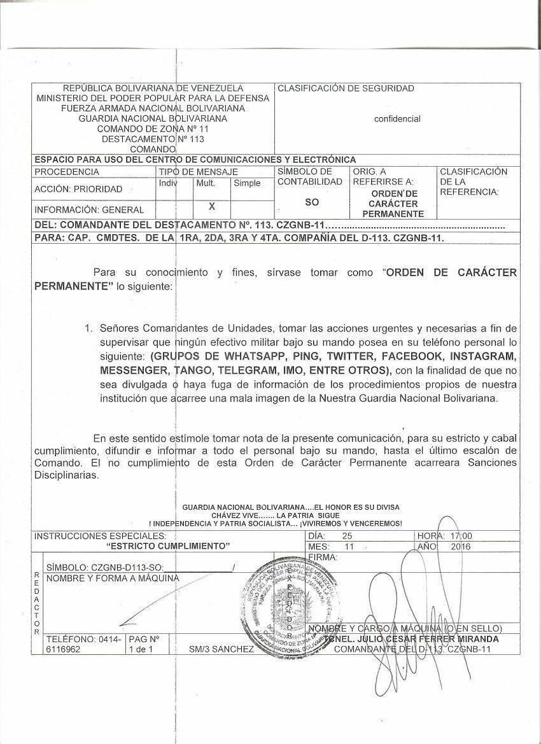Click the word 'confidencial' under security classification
pos(397,119)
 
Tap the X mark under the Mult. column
pos(212,206)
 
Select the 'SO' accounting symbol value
pos(312,202)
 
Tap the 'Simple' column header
pos(247,183)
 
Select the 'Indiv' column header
pos(167,183)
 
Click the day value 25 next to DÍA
pos(347,536)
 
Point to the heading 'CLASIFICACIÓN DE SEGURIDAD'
pos(346,88)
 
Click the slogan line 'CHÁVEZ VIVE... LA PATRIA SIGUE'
pos(276,515)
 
